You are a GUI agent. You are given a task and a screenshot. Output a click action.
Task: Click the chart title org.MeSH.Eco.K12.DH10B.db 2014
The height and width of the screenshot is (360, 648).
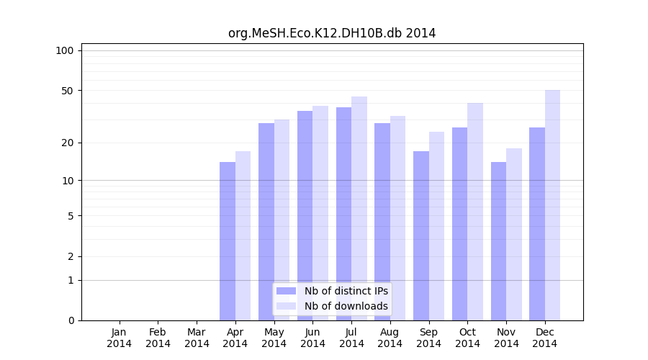point(332,33)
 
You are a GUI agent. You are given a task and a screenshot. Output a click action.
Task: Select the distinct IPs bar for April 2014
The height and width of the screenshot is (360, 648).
point(228,241)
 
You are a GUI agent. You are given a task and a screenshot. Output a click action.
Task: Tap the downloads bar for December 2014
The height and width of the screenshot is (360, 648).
point(552,205)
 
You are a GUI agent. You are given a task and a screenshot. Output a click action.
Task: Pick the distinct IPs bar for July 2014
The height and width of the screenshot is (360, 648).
point(343,214)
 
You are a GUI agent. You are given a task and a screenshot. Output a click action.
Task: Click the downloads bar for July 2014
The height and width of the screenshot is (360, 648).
point(359,209)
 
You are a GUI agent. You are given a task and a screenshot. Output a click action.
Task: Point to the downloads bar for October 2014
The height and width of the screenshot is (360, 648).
point(475,212)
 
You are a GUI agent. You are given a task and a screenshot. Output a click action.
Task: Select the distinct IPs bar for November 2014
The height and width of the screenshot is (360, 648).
point(498,241)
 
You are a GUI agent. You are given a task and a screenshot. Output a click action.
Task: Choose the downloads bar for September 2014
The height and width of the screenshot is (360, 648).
point(436,226)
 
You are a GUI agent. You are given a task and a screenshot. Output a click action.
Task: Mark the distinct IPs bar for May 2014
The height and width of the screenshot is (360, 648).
point(266,222)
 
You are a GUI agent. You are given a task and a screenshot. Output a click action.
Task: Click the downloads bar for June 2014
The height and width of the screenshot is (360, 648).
point(320,213)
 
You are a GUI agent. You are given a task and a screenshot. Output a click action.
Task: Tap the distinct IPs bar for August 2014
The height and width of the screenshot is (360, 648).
point(382,222)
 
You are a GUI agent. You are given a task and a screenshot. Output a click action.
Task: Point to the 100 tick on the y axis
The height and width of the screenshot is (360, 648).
point(65,50)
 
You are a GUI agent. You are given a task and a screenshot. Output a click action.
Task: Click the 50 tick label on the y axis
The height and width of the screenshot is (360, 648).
point(67,91)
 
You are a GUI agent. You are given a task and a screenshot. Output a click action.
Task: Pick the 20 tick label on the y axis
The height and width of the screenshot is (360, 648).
point(67,143)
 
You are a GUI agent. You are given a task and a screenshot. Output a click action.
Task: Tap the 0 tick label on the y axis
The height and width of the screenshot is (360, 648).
point(71,320)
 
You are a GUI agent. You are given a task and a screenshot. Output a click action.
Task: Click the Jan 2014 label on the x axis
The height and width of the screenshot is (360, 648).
point(120,338)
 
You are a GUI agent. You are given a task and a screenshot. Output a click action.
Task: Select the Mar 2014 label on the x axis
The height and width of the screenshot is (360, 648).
point(197,338)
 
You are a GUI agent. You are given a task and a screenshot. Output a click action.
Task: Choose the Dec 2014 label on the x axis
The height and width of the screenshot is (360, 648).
point(545,338)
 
